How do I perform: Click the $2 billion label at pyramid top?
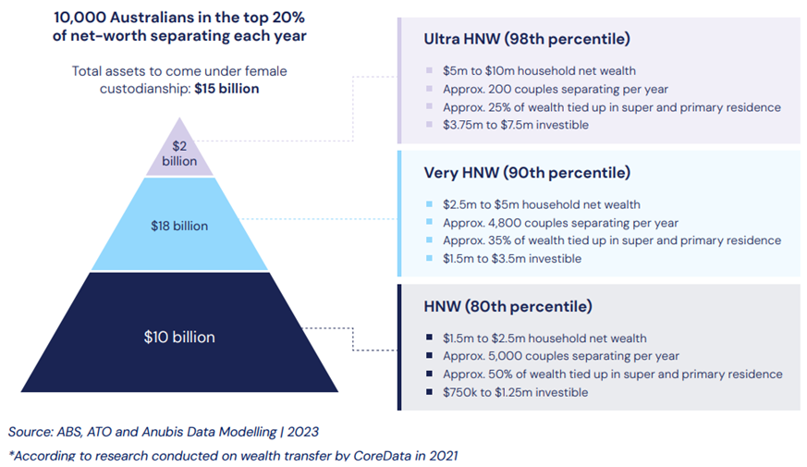179,154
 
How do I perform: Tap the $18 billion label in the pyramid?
179,226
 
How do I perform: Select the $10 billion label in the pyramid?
179,337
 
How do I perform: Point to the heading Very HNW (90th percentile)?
527,173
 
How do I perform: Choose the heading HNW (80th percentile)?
507,306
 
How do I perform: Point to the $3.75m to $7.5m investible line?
516,125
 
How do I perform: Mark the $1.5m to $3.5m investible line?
512,259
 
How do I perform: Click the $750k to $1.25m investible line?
516,392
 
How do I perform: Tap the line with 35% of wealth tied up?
612,240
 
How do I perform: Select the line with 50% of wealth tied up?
612,375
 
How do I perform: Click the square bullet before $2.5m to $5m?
430,205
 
